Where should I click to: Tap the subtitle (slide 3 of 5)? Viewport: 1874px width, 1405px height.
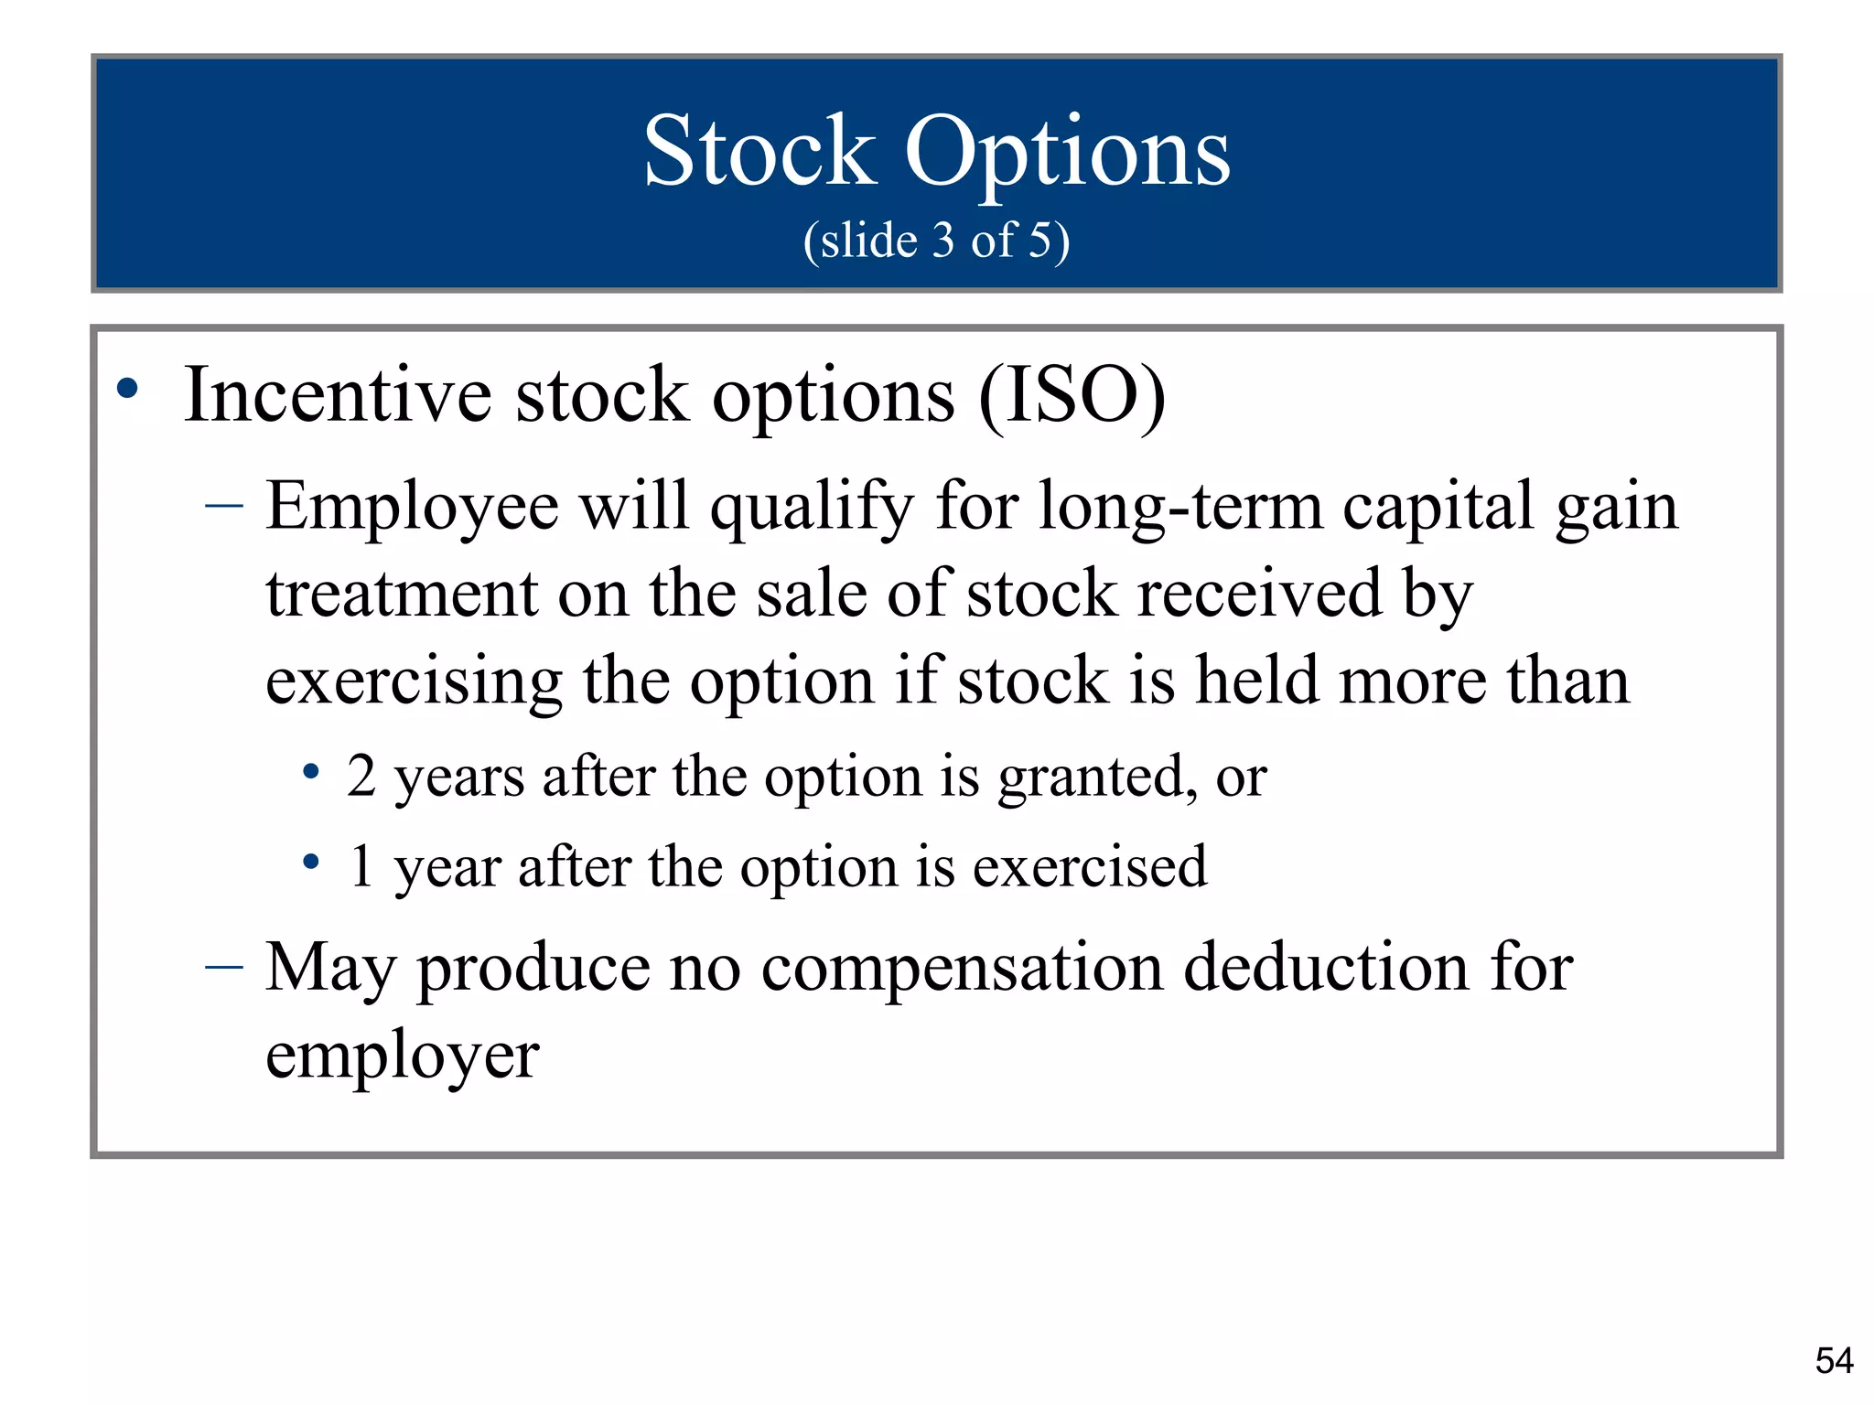936,241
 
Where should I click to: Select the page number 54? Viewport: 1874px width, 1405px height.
1834,1361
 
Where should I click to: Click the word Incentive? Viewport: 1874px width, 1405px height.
338,395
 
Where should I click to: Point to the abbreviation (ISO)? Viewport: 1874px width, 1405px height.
1072,397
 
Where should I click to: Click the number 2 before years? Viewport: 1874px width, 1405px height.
361,778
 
